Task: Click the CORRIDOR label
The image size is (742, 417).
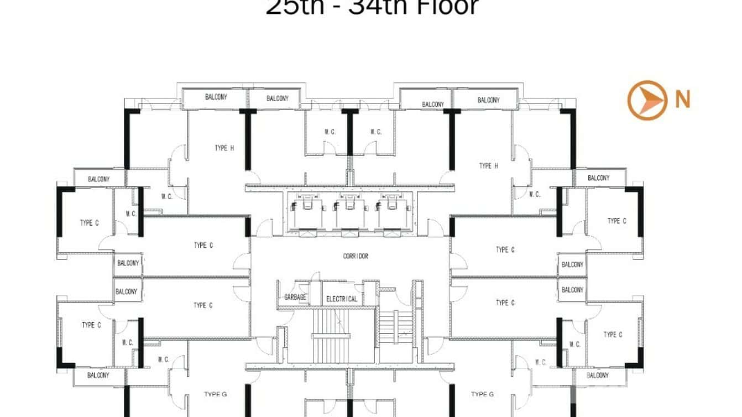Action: pyautogui.click(x=356, y=256)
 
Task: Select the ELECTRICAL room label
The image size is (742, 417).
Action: pyautogui.click(x=342, y=299)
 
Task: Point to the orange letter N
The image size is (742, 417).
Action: pyautogui.click(x=682, y=100)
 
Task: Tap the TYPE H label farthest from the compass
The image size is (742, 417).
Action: pyautogui.click(x=224, y=148)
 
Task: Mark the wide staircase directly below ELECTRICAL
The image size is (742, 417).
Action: pyautogui.click(x=330, y=335)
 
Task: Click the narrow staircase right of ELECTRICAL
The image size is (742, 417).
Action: pyautogui.click(x=396, y=326)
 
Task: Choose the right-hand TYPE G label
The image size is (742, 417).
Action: pyautogui.click(x=482, y=394)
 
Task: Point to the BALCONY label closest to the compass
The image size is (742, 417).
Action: pyautogui.click(x=598, y=178)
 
